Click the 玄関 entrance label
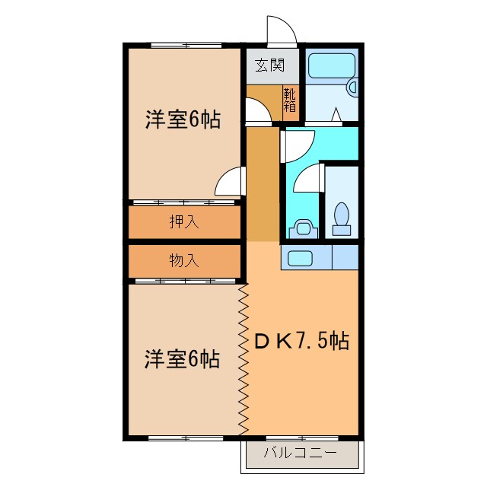269,65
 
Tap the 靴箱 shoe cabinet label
290,100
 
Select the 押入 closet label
184,222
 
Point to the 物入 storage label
184,261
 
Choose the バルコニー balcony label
300,454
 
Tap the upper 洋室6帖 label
183,119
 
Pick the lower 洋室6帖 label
183,358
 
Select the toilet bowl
341,215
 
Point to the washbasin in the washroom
302,228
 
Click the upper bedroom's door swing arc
229,183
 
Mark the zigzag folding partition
244,358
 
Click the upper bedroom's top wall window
183,45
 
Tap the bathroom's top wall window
332,45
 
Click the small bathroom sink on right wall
352,88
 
